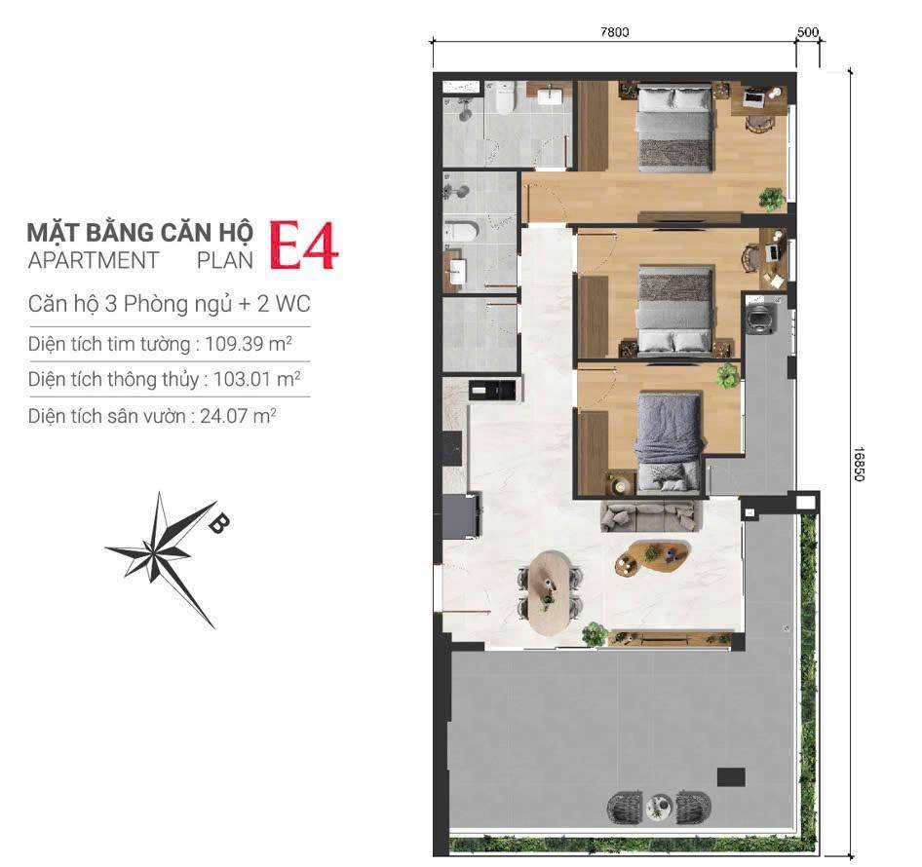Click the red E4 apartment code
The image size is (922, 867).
(304, 245)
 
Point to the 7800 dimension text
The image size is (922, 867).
(614, 32)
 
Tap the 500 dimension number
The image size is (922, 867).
(807, 32)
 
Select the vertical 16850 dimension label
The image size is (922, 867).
(859, 465)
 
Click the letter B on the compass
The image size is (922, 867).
(218, 522)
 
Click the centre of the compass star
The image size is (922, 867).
(154, 552)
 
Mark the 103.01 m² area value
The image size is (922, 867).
(257, 379)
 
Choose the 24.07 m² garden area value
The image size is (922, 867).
(238, 416)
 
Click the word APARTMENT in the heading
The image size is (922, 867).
(94, 260)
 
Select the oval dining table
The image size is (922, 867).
(551, 592)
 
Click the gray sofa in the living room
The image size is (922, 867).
(651, 517)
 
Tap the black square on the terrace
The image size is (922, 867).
(731, 777)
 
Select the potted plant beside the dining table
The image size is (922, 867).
(595, 635)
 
